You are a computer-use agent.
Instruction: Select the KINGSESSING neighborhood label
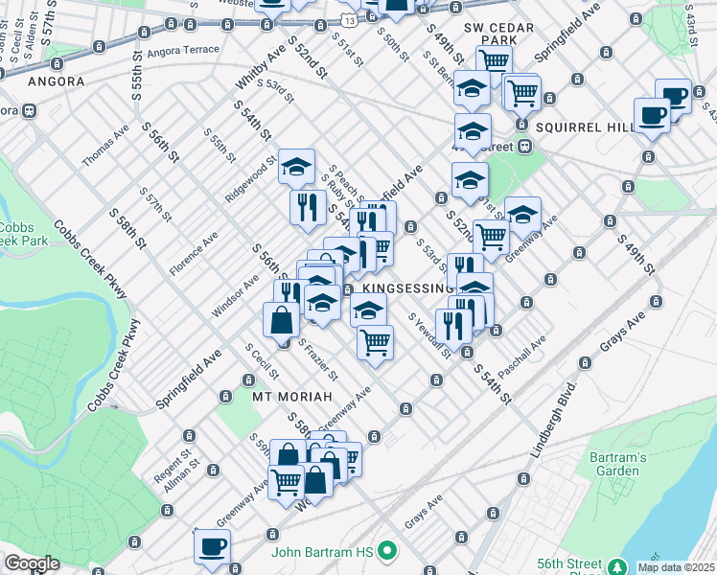click(x=402, y=288)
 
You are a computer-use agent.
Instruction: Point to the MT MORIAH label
click(x=291, y=396)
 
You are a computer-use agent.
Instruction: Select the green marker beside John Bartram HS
click(x=387, y=551)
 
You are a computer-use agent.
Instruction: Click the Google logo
click(x=32, y=564)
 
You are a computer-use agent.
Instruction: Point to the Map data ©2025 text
click(x=676, y=567)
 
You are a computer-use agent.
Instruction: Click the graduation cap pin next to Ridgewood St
click(x=296, y=167)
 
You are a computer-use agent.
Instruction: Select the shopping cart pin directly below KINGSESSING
click(x=375, y=342)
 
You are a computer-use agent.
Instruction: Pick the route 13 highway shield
click(x=350, y=19)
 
